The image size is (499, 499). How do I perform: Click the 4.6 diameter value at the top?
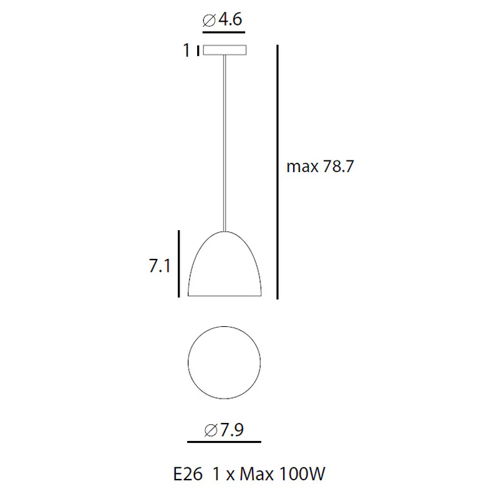(x=230, y=19)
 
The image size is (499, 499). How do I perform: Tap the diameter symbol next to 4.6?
(x=209, y=21)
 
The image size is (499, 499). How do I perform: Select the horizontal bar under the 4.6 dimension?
(x=224, y=32)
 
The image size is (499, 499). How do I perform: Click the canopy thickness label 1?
(x=187, y=51)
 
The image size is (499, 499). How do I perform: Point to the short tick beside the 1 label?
(x=198, y=51)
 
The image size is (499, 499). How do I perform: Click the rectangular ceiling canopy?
(x=225, y=50)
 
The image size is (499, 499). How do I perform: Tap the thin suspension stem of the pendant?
(x=225, y=143)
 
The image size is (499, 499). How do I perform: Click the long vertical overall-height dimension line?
(x=278, y=172)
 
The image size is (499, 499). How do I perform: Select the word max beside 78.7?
(x=303, y=167)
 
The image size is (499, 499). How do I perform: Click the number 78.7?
(x=338, y=167)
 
